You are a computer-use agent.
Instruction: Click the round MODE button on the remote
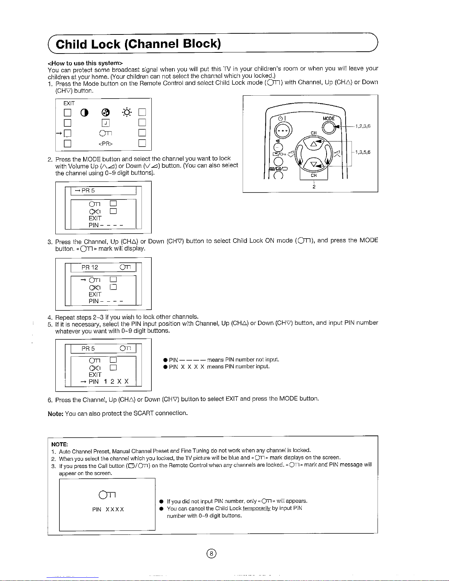[329, 127]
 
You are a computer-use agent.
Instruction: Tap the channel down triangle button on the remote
[314, 166]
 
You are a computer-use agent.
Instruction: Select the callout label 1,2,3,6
[363, 126]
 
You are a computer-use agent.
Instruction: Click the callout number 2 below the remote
[314, 186]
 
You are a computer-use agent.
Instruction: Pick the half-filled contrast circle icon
[85, 113]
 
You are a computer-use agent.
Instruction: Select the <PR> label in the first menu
[106, 144]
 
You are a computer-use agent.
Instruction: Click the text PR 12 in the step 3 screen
[90, 267]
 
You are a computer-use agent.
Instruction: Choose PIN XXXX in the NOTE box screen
[108, 509]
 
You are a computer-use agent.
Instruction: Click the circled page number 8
[212, 554]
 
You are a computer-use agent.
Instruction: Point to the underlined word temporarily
[257, 508]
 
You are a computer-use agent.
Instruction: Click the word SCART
[143, 413]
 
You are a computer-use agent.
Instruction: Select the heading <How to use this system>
[85, 63]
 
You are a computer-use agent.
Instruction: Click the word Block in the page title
[200, 44]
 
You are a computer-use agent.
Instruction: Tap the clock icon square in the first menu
[106, 123]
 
